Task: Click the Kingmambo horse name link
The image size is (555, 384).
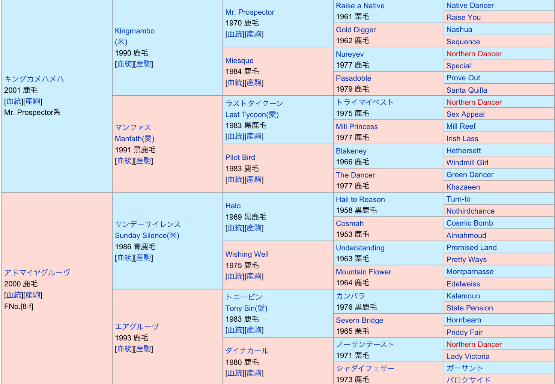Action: coord(134,31)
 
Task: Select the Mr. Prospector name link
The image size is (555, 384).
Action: coord(250,12)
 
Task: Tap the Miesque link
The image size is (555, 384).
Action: coord(239,60)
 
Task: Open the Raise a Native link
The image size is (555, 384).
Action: coord(360,6)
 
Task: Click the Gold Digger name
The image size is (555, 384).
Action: coord(356,30)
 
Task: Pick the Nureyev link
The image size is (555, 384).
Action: coord(349,54)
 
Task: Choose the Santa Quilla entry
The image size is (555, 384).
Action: coord(466,90)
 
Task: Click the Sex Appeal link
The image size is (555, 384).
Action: coord(465,114)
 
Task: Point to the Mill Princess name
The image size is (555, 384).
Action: coord(356,126)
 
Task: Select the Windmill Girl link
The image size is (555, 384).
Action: coord(467,163)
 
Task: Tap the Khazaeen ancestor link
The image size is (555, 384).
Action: coord(463,187)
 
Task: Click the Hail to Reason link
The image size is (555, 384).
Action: coord(360,199)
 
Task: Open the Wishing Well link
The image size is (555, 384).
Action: coord(247,254)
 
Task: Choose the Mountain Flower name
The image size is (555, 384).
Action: coord(363,272)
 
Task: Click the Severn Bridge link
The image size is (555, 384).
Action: coord(359,320)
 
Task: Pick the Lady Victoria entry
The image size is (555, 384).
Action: coord(468,356)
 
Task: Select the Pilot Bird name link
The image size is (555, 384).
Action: coord(240,157)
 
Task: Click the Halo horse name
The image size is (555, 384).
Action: coord(233,206)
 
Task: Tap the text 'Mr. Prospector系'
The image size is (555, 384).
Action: coord(32,112)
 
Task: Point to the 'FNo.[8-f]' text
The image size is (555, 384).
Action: coord(19,306)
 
